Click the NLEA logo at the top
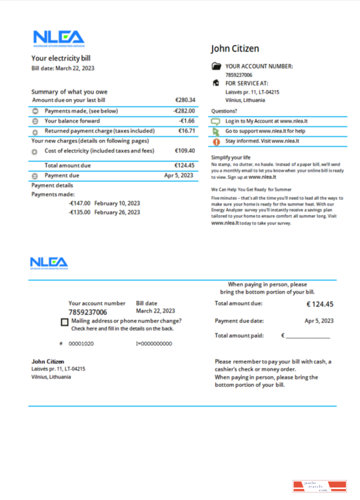point(58,37)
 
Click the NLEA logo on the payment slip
point(48,262)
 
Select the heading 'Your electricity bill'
point(61,58)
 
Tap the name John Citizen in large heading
point(235,48)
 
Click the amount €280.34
point(185,100)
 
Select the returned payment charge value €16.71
point(186,131)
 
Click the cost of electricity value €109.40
point(185,150)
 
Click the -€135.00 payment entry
point(79,212)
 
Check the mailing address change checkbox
point(64,322)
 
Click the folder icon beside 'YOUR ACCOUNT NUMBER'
point(216,66)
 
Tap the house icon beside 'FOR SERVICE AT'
point(216,83)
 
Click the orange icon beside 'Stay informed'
point(216,141)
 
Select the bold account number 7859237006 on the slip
point(87,312)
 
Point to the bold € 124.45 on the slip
point(319,304)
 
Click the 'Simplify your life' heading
point(230,157)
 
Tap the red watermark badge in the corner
point(319,486)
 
